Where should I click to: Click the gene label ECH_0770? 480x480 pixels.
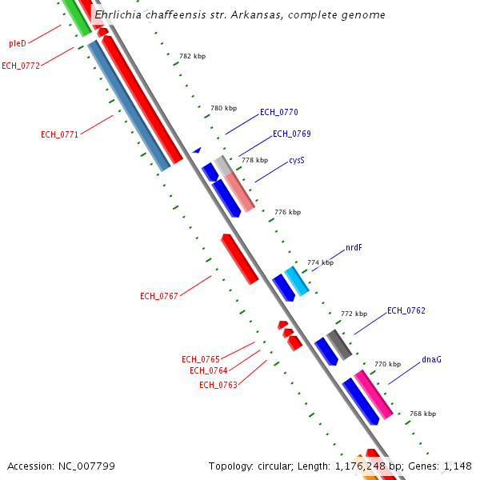(278, 113)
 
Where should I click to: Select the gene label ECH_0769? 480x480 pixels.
(291, 134)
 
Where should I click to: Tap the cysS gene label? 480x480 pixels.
(297, 160)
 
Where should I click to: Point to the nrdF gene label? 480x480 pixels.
(354, 248)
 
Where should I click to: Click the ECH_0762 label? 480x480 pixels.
(406, 310)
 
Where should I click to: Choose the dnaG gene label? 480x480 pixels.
(431, 359)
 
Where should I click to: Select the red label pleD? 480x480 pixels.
(18, 43)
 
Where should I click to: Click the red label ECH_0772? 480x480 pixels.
(21, 66)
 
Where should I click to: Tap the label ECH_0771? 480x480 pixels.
(60, 134)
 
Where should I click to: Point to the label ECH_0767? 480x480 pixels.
(159, 296)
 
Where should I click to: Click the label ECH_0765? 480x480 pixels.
(201, 359)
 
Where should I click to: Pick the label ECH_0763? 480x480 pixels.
(218, 385)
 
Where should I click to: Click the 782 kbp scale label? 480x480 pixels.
(193, 57)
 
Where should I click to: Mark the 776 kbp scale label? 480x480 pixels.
(287, 212)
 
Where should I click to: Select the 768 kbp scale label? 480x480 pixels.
(422, 414)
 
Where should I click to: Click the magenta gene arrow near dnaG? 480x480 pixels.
(374, 394)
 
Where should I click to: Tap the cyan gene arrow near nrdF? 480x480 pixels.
(296, 281)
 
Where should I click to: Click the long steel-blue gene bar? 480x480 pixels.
(129, 106)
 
